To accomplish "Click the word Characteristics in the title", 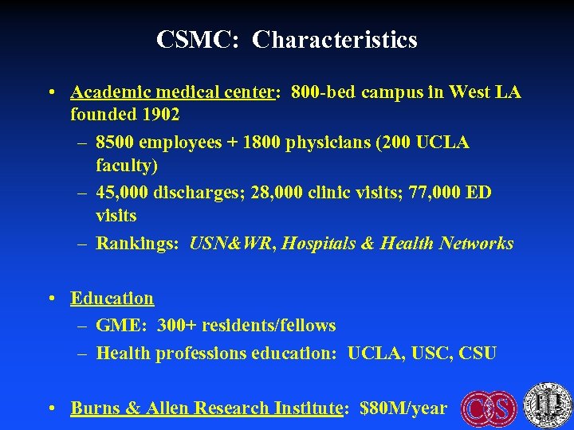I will (335, 39).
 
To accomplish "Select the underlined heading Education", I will (112, 298).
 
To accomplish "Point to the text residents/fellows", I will (269, 325).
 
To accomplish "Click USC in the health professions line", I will (431, 352).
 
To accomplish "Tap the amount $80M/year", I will (403, 408).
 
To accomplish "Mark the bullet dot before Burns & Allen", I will (50, 408).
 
